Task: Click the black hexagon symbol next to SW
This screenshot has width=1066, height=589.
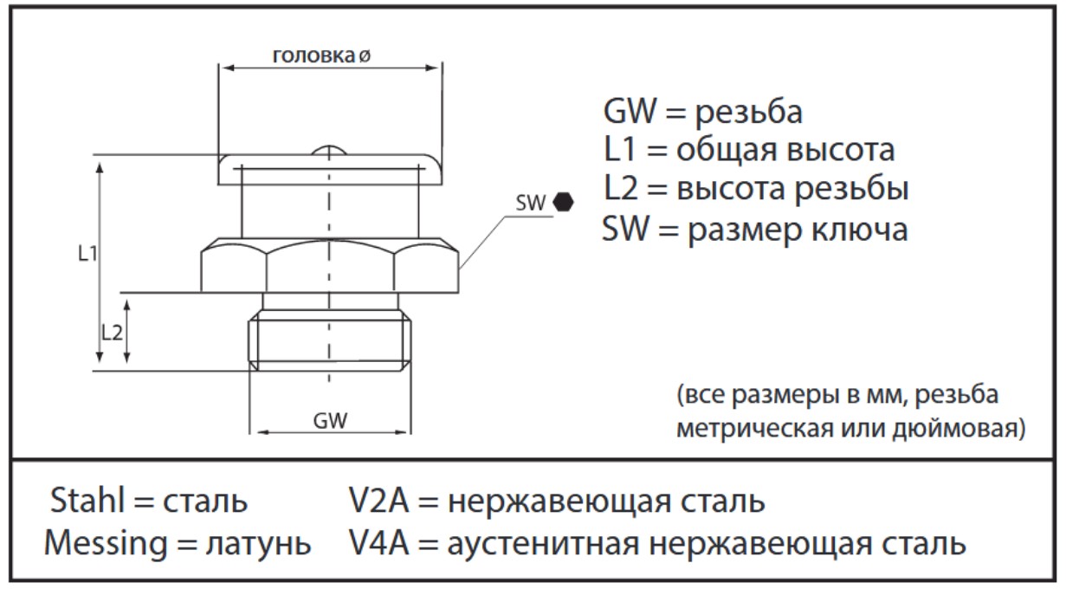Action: tap(564, 202)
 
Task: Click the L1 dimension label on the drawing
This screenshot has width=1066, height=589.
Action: tap(87, 254)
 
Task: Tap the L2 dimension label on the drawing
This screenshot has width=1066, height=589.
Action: tap(113, 333)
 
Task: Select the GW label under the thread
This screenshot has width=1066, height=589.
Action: tap(330, 420)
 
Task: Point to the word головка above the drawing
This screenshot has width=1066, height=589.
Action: tap(313, 55)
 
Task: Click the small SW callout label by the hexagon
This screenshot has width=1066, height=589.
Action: tap(530, 204)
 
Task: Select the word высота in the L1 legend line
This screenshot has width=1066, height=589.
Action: tap(841, 150)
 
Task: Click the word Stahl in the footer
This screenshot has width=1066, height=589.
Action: tap(87, 501)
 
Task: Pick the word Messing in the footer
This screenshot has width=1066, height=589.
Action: tap(106, 543)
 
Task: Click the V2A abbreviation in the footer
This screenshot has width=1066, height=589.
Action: tap(378, 501)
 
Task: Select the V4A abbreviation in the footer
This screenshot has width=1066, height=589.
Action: tap(378, 543)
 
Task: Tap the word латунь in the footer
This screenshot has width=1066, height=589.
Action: tap(258, 544)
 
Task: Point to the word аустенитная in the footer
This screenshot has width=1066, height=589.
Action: tap(543, 544)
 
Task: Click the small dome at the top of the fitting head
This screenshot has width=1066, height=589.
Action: tap(329, 150)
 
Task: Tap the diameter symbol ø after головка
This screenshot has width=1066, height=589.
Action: tap(364, 56)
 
